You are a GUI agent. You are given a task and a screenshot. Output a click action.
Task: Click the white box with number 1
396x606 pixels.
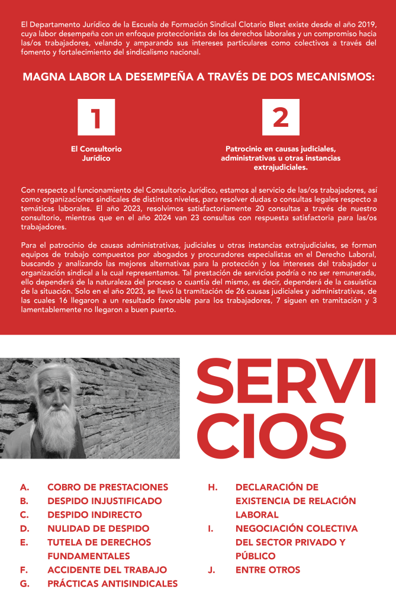point(95,117)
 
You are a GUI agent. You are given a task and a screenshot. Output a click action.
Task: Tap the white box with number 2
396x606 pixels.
point(281,117)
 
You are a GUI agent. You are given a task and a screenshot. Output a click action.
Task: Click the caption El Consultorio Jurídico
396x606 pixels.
point(96,153)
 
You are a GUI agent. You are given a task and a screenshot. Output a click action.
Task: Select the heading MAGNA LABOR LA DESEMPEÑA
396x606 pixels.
point(198,77)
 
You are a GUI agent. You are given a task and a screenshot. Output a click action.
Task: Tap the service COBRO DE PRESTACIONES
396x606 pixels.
point(108,488)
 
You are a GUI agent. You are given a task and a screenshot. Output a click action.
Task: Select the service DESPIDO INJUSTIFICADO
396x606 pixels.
point(104,501)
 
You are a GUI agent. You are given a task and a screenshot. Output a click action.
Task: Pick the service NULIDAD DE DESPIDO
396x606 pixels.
point(98,528)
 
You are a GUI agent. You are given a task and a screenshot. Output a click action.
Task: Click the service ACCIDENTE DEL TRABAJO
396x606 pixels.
point(107,570)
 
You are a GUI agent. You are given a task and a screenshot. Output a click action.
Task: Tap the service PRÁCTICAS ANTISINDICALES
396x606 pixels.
point(112,583)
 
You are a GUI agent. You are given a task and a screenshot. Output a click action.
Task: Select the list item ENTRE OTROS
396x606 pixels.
point(268,570)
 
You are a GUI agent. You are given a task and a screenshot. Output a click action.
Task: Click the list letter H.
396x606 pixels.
point(213,488)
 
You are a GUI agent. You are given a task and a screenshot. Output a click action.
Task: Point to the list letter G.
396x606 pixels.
point(24,583)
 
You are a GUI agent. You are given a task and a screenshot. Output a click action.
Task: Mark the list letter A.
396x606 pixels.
point(24,488)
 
